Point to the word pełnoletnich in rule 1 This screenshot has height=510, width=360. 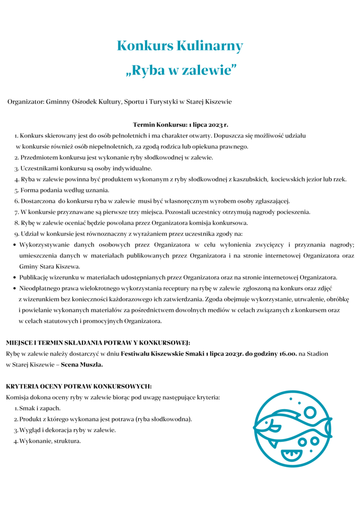pyautogui.click(x=113, y=136)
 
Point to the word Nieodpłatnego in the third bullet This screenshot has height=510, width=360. pyautogui.click(x=40, y=288)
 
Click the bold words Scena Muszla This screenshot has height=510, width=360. pyautogui.click(x=82, y=365)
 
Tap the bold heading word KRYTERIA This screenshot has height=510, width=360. pyautogui.click(x=20, y=386)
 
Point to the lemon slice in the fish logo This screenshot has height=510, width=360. pyautogui.click(x=291, y=455)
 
